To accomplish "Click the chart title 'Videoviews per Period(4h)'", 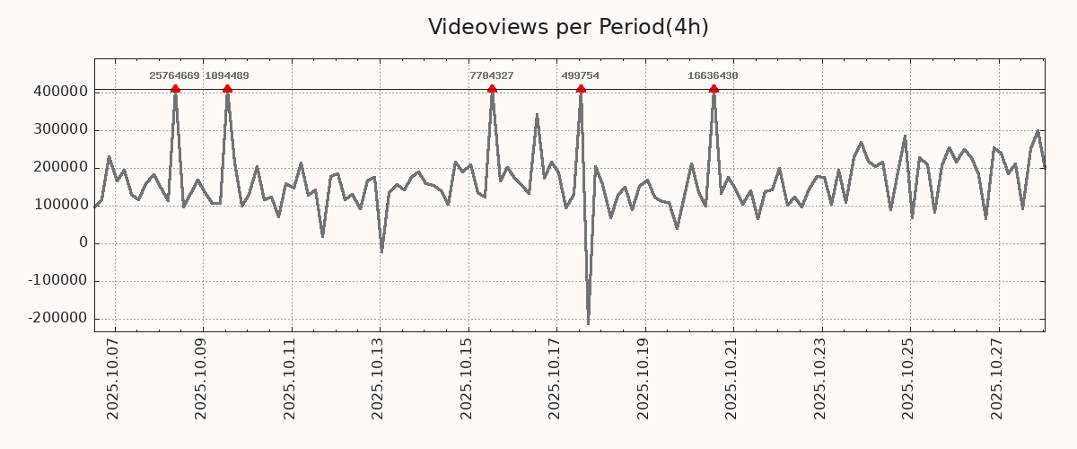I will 568,27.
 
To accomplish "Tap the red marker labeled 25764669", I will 175,89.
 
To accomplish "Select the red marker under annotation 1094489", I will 227,89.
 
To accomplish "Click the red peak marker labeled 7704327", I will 492,89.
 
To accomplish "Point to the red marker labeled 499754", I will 581,89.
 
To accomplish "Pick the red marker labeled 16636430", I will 714,89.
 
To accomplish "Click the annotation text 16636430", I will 713,76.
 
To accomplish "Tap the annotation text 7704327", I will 491,76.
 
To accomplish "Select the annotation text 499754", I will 580,76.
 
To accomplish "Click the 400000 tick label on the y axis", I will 60,92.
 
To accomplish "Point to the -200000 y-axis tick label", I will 57,318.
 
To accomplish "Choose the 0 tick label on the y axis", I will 83,242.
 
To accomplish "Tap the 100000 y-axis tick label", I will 60,205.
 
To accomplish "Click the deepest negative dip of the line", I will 588,323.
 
